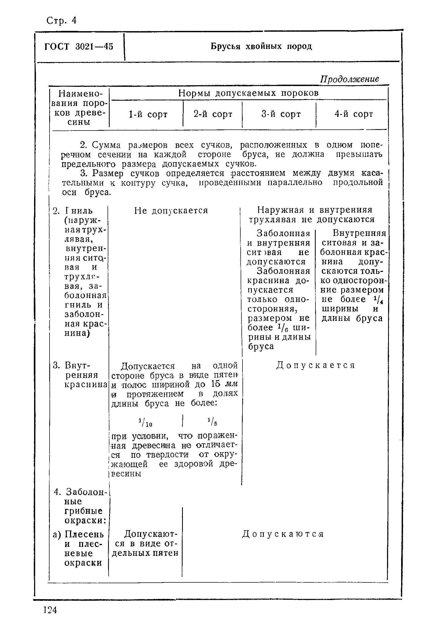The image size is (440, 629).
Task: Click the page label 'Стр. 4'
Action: [61, 21]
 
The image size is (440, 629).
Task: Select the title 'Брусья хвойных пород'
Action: [261, 46]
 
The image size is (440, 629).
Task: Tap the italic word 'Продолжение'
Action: [350, 79]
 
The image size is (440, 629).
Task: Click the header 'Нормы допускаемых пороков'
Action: [248, 93]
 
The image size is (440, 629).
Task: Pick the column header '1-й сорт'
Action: [148, 114]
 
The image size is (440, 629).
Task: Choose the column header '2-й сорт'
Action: [213, 114]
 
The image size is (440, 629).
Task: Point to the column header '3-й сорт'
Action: [281, 114]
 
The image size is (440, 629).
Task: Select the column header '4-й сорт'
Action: [353, 114]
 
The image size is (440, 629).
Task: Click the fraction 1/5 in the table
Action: [212, 422]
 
